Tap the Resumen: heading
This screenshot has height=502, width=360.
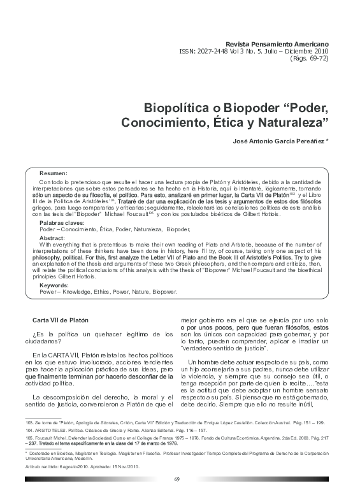[54, 173]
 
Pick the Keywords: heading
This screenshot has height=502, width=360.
[56, 286]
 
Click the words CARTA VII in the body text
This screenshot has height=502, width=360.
[61, 355]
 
